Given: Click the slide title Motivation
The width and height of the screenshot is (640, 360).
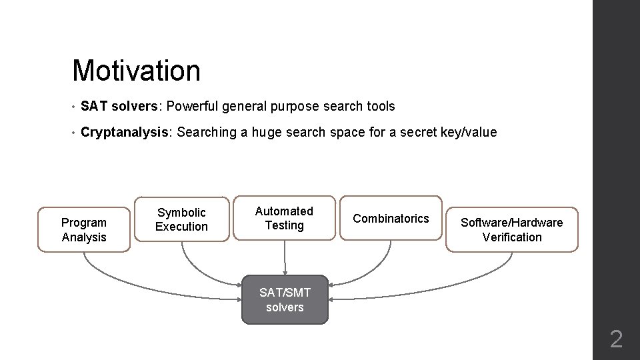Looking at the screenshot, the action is click(136, 71).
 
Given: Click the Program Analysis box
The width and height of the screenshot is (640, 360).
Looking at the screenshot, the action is click(84, 230).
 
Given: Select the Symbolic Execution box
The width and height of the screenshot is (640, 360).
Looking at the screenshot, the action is click(181, 219).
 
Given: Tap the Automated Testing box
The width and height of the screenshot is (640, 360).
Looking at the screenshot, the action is click(285, 218).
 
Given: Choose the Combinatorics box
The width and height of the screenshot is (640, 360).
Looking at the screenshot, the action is click(391, 219).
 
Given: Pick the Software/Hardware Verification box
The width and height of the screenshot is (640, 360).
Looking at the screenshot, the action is click(512, 230).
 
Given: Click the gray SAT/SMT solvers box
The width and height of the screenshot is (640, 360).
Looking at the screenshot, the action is click(285, 300).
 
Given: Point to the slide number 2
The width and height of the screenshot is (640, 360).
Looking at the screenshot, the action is click(616, 340).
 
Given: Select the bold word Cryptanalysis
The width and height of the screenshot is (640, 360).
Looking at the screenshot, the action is click(125, 133).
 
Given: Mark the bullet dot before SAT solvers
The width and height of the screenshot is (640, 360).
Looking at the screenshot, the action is click(74, 107).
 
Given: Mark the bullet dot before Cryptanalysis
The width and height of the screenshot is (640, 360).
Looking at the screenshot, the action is click(74, 133).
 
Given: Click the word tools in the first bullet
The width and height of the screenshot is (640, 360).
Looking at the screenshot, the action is click(381, 107).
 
